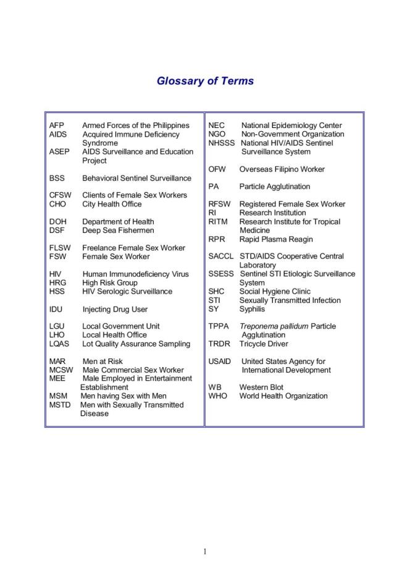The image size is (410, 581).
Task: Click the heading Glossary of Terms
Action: [205, 81]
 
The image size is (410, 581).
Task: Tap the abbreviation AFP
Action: [56, 125]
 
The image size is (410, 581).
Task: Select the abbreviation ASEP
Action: [59, 151]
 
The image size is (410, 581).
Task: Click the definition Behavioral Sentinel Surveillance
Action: [136, 178]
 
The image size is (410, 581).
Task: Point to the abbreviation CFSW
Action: [61, 195]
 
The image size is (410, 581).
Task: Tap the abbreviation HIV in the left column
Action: [55, 274]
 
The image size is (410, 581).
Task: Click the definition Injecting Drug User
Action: [115, 309]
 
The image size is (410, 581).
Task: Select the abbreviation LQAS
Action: [59, 344]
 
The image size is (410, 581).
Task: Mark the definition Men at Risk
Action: [102, 362]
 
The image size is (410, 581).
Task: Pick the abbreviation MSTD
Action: [61, 405]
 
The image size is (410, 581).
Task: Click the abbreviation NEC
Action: [217, 125]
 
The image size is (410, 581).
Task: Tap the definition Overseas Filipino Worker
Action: [282, 169]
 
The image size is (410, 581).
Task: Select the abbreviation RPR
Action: [217, 239]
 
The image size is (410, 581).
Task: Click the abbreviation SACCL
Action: [221, 256]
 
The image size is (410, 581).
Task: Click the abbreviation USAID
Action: [220, 362]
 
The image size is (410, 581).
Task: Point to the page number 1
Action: [204, 552]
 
